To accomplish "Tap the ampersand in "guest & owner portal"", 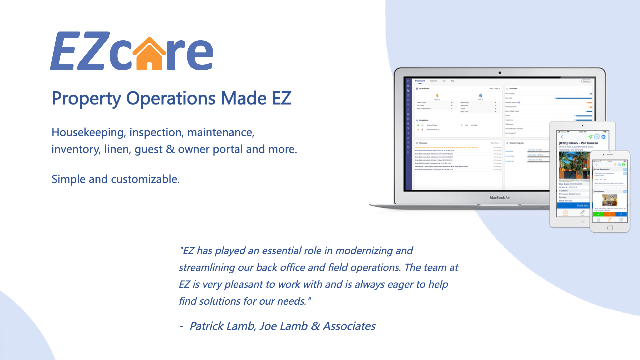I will pyautogui.click(x=170, y=149).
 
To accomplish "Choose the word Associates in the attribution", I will pyautogui.click(x=349, y=326).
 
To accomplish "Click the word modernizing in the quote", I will pyautogui.click(x=364, y=251).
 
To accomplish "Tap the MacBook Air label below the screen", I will pyautogui.click(x=499, y=198).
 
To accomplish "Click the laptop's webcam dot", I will pyautogui.click(x=500, y=73).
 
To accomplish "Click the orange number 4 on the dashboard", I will pyautogui.click(x=437, y=96).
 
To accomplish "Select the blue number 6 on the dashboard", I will pyautogui.click(x=480, y=96).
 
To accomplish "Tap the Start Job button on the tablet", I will pyautogui.click(x=582, y=205).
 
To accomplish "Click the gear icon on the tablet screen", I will pyautogui.click(x=603, y=137).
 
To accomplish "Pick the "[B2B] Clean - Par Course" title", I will pyautogui.click(x=578, y=143).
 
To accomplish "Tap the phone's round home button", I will pyautogui.click(x=610, y=228).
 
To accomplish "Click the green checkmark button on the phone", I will pyautogui.click(x=598, y=214).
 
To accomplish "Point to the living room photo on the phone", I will pyautogui.click(x=610, y=200).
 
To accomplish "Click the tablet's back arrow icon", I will pyautogui.click(x=562, y=137).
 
